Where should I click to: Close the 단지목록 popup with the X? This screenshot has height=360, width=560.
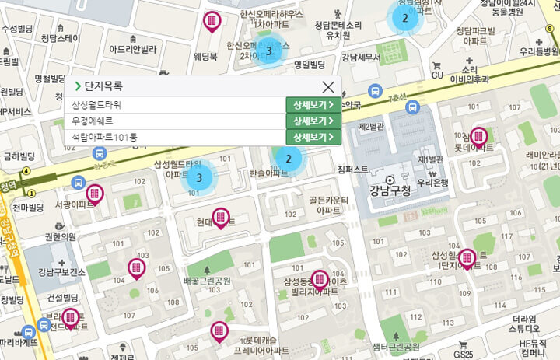point(328,87)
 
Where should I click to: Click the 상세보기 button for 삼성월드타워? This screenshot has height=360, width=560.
point(313,104)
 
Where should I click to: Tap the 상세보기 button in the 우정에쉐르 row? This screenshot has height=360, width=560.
point(313,121)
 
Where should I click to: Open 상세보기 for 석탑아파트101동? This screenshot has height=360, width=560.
point(313,137)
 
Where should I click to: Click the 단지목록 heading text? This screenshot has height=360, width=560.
point(103,86)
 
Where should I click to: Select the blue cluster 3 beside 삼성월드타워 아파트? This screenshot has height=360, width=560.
point(200,178)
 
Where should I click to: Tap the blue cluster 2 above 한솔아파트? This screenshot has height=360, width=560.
point(289,159)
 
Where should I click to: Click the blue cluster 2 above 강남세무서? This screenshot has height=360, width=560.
point(404,19)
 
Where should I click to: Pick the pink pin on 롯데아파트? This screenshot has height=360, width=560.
point(478,138)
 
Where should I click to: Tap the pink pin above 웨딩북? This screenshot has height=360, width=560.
point(212,22)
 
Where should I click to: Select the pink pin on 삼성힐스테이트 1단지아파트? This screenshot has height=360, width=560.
point(467,258)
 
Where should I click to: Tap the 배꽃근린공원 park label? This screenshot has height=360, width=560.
point(208,281)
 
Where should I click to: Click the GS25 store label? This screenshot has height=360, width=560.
point(464,355)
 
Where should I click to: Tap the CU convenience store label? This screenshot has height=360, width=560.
point(437,75)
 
